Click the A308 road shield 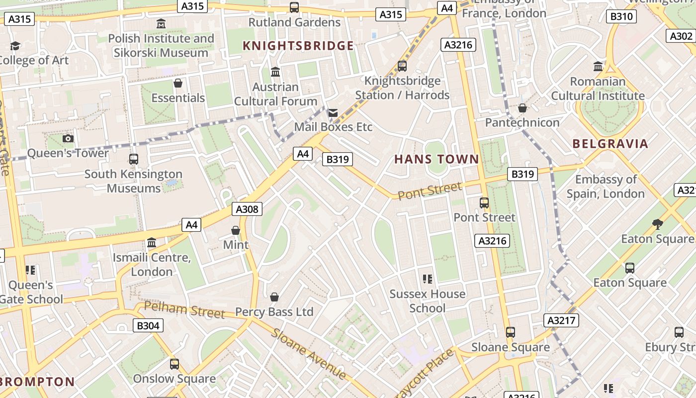point(247,209)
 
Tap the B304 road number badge point(148,325)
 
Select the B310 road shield point(621,16)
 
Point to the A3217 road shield point(561,320)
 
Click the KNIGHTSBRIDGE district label point(298,46)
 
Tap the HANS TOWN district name point(436,159)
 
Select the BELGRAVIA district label point(610,144)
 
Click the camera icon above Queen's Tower point(68,138)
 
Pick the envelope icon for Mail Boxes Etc point(333,113)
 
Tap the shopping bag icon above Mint point(236,230)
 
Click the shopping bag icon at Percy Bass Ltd point(274,298)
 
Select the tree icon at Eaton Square point(658,224)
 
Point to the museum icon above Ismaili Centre point(152,243)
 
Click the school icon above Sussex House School point(427,279)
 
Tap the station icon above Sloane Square point(510,332)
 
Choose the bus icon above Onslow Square point(174,364)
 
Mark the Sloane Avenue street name point(308,353)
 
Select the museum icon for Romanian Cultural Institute point(598,66)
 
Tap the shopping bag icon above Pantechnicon point(522,108)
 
